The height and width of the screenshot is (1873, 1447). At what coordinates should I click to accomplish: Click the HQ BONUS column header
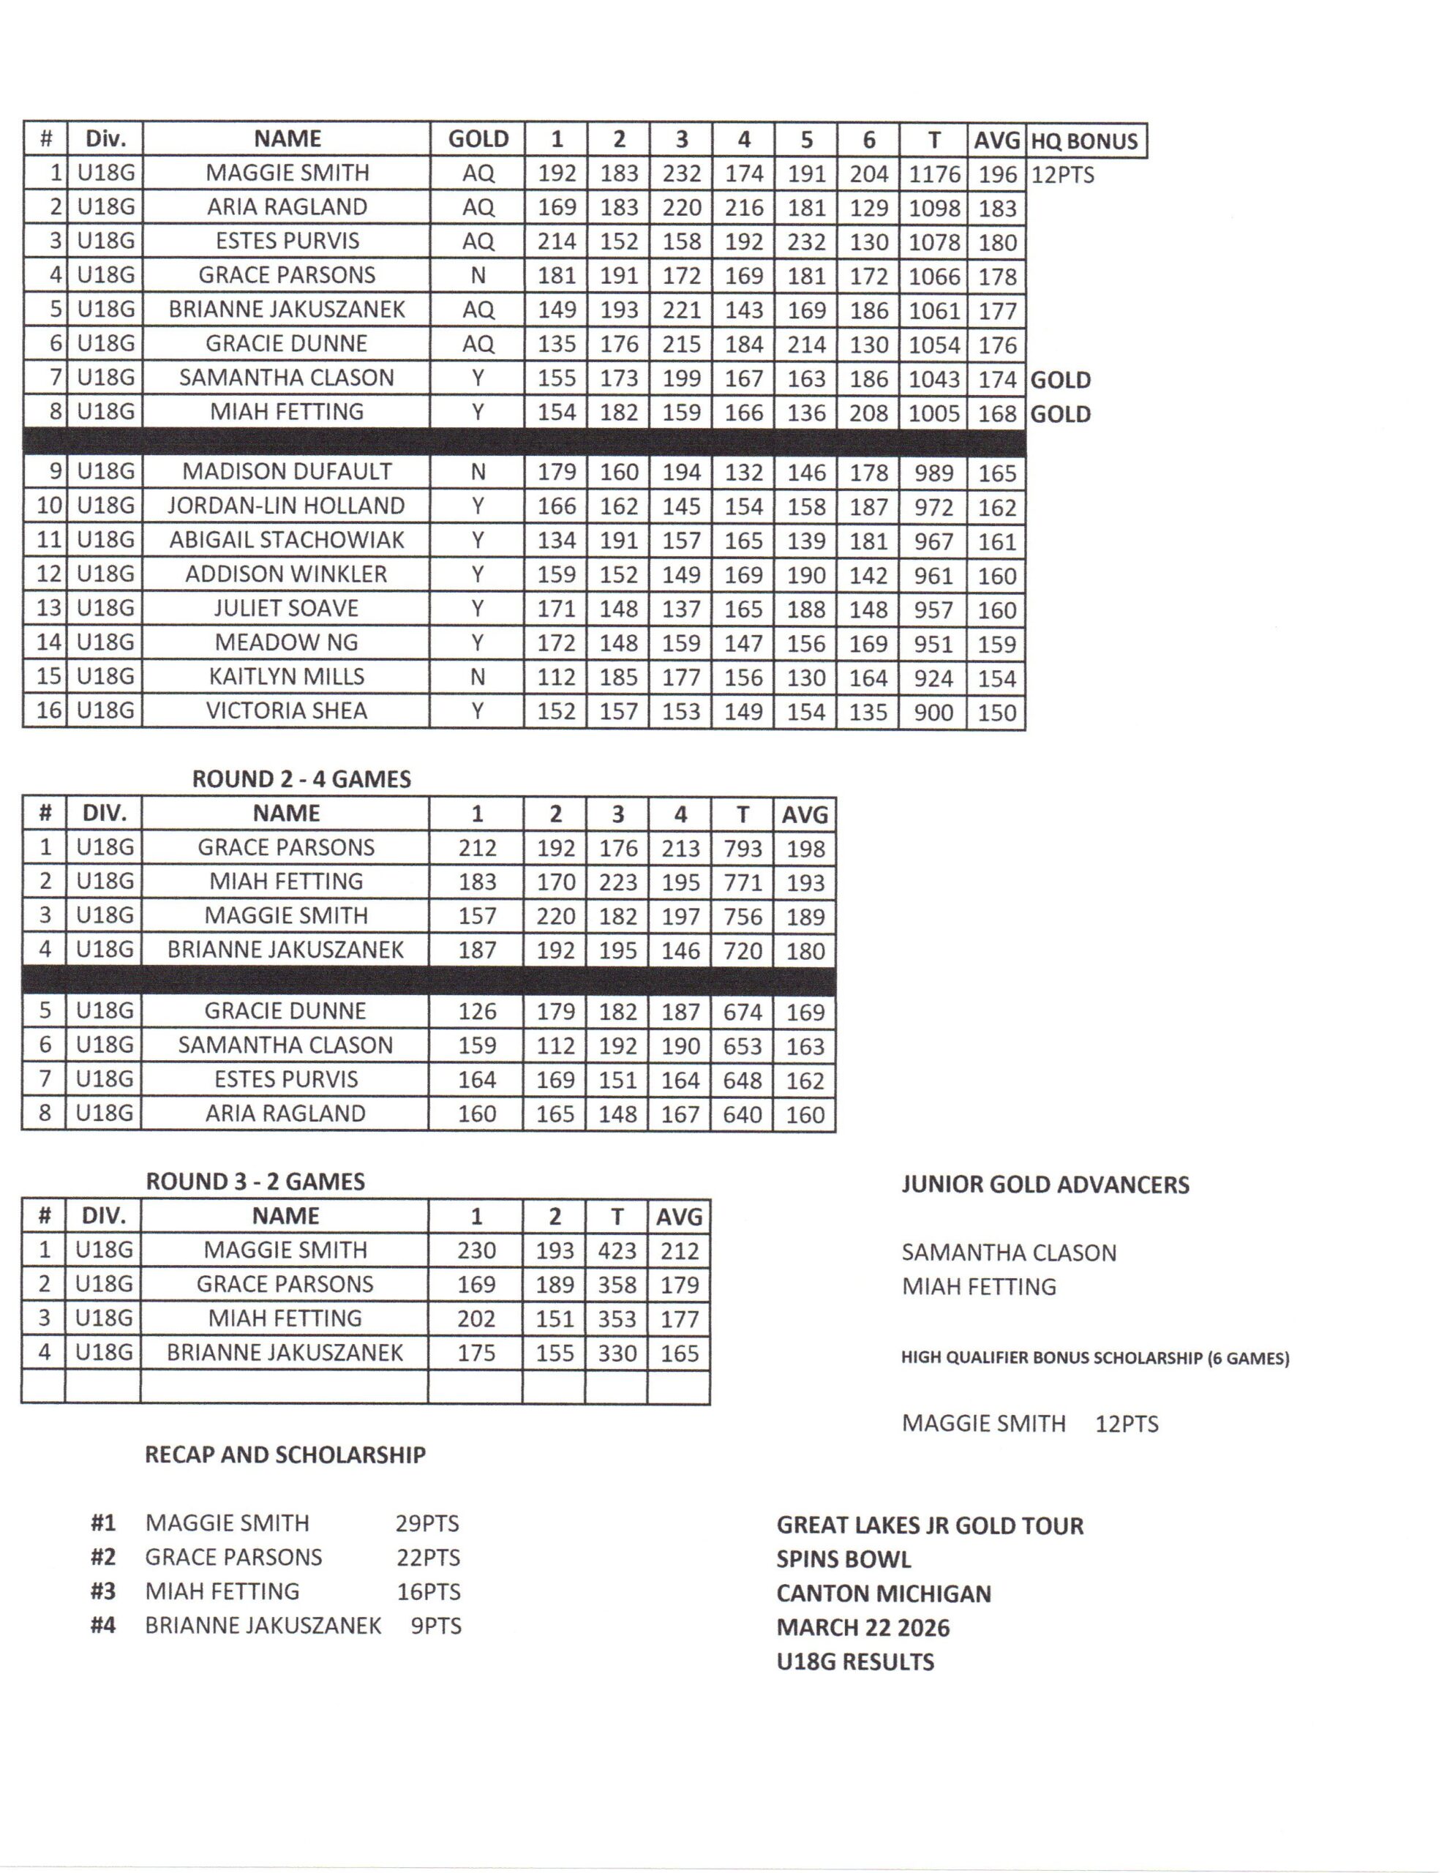(x=1084, y=140)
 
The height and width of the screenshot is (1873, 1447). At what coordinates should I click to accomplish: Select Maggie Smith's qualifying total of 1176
(x=933, y=174)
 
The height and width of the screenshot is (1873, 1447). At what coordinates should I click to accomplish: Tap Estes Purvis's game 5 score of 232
(x=805, y=242)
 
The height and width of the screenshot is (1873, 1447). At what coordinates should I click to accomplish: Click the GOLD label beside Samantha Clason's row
(x=1060, y=380)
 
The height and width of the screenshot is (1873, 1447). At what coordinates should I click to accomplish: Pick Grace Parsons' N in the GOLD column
(x=478, y=275)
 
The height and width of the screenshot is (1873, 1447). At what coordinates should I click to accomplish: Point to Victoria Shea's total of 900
(x=933, y=712)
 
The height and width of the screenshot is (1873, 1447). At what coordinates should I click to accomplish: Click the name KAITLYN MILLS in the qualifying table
(x=287, y=677)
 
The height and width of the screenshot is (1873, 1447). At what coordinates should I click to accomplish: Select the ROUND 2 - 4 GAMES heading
(x=301, y=778)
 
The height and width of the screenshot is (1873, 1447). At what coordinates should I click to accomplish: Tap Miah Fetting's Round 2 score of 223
(x=617, y=882)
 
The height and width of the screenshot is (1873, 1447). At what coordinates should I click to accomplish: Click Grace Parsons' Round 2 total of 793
(x=742, y=848)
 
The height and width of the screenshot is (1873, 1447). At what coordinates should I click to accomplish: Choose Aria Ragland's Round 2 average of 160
(x=805, y=1114)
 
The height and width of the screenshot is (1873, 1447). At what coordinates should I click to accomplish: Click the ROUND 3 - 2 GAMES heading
(x=255, y=1181)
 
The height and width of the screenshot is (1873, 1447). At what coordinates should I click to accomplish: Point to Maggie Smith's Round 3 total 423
(x=617, y=1250)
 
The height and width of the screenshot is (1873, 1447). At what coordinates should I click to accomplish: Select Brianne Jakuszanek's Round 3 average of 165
(x=678, y=1354)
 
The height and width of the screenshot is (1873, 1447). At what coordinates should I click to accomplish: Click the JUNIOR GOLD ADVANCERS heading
(x=1045, y=1185)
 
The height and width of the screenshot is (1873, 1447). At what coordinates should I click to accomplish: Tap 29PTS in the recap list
(x=427, y=1523)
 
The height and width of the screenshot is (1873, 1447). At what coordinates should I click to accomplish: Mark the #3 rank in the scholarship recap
(x=103, y=1592)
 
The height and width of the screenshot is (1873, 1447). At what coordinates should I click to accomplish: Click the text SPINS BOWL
(x=843, y=1559)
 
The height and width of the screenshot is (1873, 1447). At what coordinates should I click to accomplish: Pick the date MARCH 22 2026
(x=863, y=1627)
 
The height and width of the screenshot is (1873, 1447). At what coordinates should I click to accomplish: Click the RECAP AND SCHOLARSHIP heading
(x=285, y=1455)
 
